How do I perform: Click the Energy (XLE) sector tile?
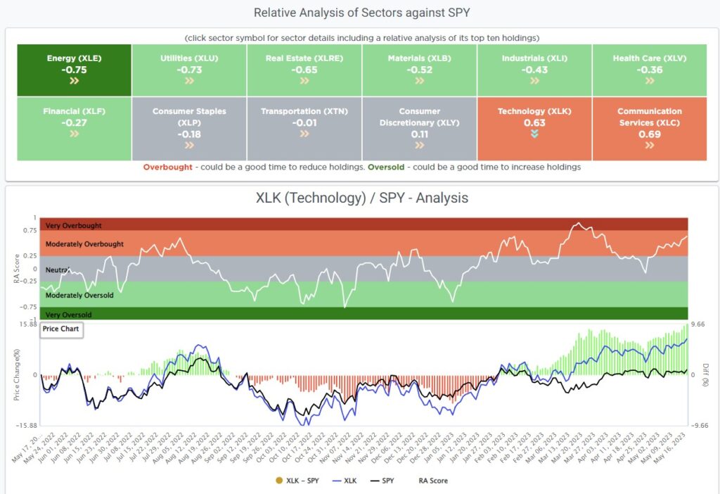click(74, 70)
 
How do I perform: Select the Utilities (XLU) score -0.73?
click(189, 70)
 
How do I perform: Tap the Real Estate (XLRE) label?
click(304, 58)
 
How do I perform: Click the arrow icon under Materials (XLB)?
click(420, 81)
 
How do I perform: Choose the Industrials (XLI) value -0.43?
click(534, 70)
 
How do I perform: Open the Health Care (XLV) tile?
click(650, 70)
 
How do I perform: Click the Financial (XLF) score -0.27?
click(74, 122)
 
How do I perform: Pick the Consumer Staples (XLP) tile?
click(189, 129)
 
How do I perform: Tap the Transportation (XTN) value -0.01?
click(304, 122)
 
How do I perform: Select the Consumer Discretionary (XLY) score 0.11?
click(420, 134)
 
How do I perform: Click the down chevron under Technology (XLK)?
click(534, 134)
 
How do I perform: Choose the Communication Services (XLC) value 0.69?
click(650, 134)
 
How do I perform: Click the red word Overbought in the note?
click(167, 167)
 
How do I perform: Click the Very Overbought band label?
click(74, 226)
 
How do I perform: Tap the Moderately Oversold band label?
click(79, 296)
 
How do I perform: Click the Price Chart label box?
click(61, 329)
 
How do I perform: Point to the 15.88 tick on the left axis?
click(28, 324)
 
